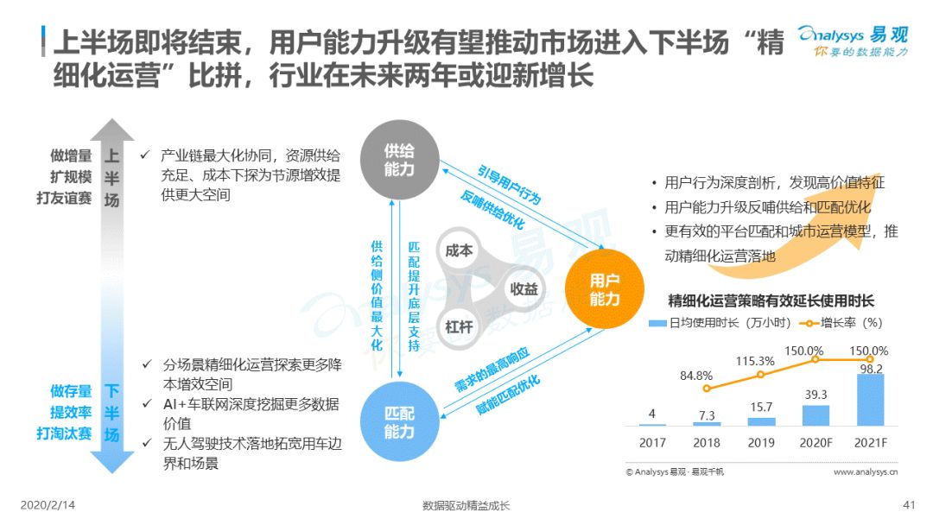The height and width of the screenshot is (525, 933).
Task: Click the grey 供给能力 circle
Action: (399, 160)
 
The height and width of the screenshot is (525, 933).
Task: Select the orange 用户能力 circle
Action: (604, 289)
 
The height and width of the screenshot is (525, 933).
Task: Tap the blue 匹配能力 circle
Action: (399, 421)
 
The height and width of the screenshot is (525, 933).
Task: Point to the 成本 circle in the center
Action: (459, 251)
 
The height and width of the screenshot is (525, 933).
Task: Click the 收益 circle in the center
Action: (524, 289)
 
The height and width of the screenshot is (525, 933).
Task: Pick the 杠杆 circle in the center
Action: (459, 327)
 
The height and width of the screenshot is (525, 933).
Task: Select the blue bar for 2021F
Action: (870, 400)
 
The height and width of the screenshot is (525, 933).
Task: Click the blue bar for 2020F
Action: (816, 415)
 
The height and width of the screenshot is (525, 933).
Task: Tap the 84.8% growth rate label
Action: (696, 376)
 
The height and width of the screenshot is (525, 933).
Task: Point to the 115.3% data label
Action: (755, 361)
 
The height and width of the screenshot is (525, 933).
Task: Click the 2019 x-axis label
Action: (761, 443)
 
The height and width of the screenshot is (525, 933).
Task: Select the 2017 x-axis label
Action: (652, 443)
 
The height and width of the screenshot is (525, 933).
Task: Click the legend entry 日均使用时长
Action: (720, 323)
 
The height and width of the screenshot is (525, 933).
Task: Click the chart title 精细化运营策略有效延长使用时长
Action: (771, 300)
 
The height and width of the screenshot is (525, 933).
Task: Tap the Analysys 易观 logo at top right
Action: (853, 41)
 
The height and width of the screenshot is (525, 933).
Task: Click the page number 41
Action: (909, 505)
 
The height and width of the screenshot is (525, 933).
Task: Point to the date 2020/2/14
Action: (48, 505)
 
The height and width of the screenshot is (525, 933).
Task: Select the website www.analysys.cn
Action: (866, 471)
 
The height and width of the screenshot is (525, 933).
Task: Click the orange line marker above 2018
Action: (707, 389)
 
